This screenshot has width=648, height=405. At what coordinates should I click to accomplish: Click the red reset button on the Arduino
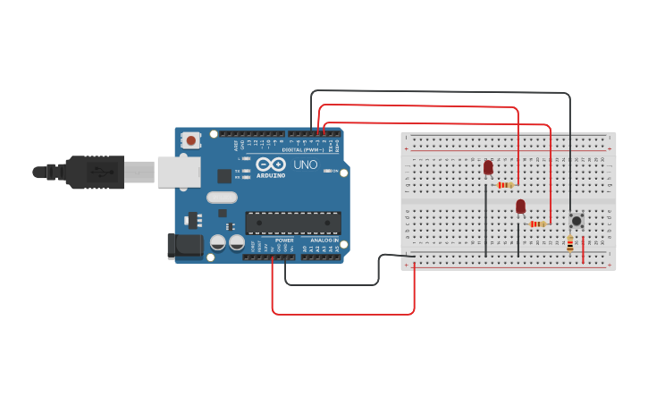(x=190, y=139)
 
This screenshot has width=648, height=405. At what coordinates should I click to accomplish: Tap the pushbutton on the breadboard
(x=576, y=220)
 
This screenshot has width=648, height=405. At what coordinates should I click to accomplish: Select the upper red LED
(x=488, y=167)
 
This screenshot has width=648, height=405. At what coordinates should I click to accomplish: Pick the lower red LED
(x=520, y=207)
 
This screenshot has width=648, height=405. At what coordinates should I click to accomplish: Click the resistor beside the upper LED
(x=506, y=185)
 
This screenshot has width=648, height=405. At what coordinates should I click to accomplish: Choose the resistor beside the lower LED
(x=537, y=224)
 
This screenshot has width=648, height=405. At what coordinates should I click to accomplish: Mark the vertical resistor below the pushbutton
(x=570, y=242)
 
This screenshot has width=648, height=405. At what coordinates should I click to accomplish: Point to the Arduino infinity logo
(x=269, y=164)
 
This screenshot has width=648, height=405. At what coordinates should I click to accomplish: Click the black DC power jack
(x=184, y=246)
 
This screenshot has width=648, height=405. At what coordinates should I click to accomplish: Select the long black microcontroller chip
(x=293, y=223)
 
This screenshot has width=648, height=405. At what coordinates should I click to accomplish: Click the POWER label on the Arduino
(x=284, y=240)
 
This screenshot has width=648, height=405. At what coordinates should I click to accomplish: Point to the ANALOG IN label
(x=324, y=240)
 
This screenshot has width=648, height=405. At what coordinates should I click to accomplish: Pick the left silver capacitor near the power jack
(x=218, y=242)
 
